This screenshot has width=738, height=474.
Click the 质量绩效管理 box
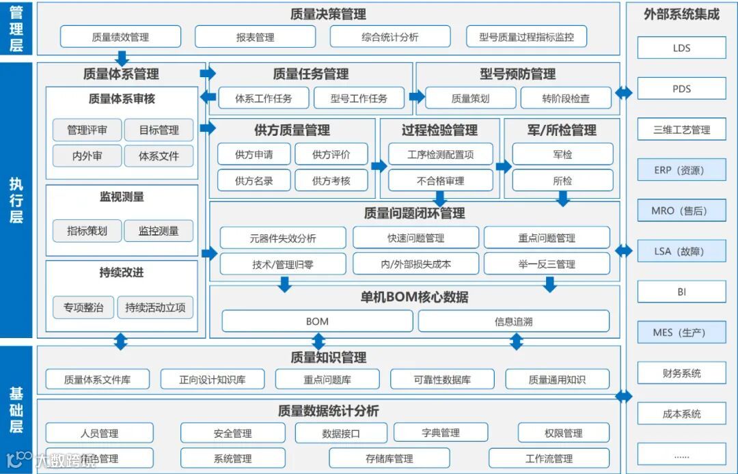coord(120,37)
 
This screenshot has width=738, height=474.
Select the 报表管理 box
coord(255,37)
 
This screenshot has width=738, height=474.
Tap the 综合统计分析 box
coord(389,37)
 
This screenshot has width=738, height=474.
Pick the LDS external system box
coord(681,48)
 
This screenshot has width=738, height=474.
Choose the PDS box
coord(681,89)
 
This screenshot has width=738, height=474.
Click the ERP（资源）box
coord(681,170)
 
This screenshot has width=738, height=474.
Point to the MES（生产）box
coord(681,333)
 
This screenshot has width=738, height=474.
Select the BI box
coord(681,292)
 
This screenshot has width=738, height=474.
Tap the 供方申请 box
coord(254,154)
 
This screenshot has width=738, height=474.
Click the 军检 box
coord(562,154)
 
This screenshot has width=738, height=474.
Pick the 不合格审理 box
coord(440,181)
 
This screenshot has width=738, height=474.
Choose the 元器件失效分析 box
coord(282,238)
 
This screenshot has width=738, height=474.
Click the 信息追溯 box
coord(513,321)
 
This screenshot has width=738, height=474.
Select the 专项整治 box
coord(83,307)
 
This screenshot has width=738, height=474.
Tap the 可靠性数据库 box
coord(442,380)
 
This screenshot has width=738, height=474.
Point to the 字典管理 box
coord(440,432)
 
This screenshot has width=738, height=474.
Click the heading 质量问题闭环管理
coord(414,213)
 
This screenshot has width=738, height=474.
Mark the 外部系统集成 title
coord(681,14)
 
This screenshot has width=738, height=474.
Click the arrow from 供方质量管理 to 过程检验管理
coord(379,166)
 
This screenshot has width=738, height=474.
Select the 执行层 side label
coord(16,200)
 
